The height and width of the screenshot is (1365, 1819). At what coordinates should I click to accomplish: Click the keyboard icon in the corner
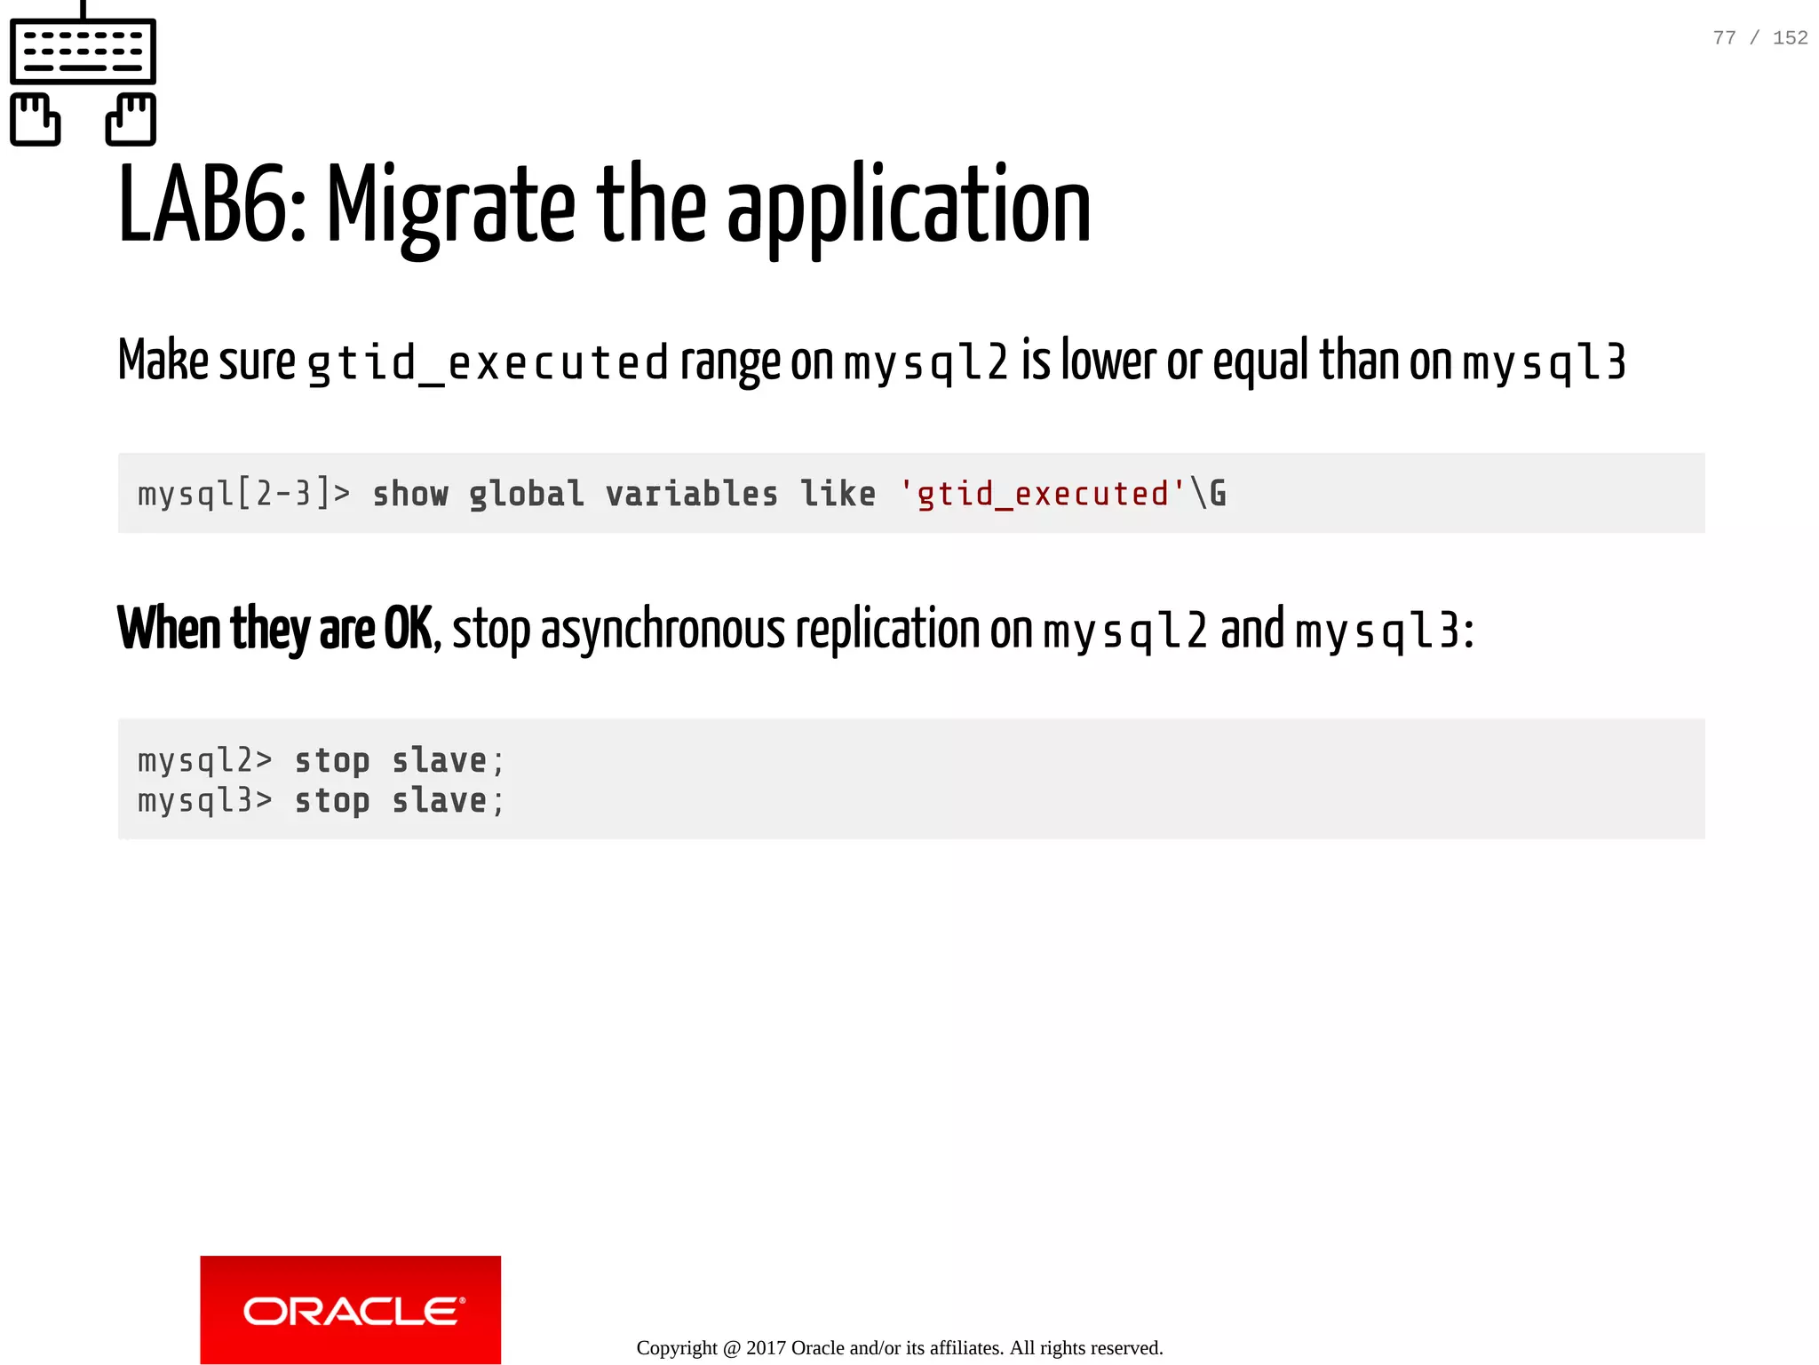pos(83,51)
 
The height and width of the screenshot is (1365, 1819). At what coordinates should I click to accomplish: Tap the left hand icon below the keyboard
pos(36,119)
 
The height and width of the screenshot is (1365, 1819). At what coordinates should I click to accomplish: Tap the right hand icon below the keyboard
pos(131,119)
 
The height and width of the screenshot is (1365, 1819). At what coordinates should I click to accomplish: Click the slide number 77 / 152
pos(1759,38)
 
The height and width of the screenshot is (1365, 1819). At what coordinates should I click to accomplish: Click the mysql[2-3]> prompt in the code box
pos(243,494)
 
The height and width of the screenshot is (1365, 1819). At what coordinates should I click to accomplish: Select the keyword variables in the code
pos(691,494)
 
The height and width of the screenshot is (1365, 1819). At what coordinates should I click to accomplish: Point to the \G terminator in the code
pos(1209,494)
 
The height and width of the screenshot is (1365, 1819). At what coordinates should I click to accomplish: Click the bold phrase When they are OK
pos(275,629)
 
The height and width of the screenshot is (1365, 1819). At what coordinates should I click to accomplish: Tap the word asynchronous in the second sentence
pos(663,630)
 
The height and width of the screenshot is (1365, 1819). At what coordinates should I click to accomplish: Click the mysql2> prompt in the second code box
pos(204,761)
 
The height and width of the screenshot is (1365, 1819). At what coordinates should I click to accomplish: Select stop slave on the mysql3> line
pos(399,801)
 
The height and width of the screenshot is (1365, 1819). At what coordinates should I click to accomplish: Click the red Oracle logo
pos(351,1309)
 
